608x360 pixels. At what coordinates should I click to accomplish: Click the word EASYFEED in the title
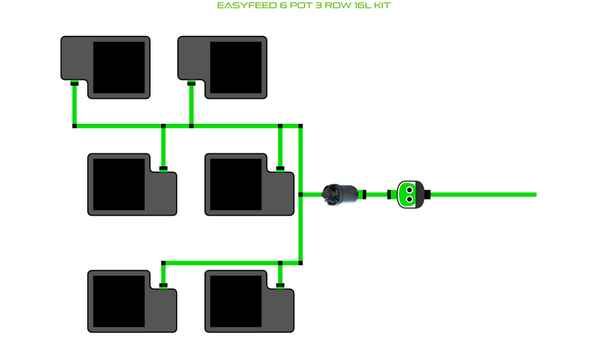[x=242, y=6]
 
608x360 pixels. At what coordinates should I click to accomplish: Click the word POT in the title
[x=295, y=6]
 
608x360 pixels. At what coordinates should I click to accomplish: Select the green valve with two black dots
[x=409, y=194]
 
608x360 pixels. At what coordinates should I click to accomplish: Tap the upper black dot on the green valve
[x=409, y=189]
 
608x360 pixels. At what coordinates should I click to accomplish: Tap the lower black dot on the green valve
[x=409, y=200]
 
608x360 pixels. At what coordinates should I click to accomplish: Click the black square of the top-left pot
[x=119, y=67]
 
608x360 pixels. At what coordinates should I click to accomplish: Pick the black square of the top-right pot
[x=236, y=67]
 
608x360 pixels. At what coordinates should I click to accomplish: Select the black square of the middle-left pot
[x=119, y=184]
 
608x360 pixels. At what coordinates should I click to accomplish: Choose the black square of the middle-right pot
[x=236, y=184]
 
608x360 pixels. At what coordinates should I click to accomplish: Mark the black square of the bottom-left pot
[x=119, y=301]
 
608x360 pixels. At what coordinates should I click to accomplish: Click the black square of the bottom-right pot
[x=236, y=301]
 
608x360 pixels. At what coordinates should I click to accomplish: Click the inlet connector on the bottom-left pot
[x=163, y=286]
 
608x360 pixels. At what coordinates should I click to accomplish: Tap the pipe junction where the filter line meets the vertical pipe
[x=301, y=194]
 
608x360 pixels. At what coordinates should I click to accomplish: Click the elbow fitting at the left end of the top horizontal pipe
[x=74, y=125]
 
